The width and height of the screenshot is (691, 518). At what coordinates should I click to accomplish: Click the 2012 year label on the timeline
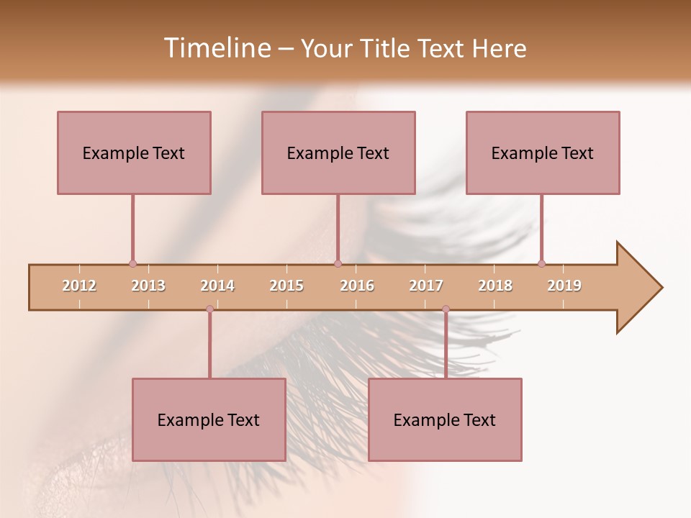(79, 286)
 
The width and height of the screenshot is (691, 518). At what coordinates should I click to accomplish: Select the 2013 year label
(148, 286)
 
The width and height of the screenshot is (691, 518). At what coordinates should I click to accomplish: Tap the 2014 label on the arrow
(217, 286)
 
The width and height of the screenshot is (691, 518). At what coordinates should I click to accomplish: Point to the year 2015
(286, 286)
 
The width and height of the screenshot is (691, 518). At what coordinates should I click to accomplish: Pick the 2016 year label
(357, 286)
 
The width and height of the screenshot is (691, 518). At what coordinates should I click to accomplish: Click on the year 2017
(426, 286)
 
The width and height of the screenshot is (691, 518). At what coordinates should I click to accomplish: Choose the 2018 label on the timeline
(495, 286)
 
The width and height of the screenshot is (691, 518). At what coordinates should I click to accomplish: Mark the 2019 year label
(564, 286)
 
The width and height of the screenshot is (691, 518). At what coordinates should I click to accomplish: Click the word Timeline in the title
(216, 48)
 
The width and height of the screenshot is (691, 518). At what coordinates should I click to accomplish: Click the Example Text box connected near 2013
(134, 153)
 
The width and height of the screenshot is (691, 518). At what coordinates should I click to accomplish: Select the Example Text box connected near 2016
(338, 153)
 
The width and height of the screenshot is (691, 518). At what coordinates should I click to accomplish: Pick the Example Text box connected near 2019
(543, 153)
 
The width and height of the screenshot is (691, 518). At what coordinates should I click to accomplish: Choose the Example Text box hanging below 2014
(209, 419)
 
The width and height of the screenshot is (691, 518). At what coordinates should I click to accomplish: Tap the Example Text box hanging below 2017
(445, 419)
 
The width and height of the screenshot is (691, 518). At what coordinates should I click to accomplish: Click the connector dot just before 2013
(132, 263)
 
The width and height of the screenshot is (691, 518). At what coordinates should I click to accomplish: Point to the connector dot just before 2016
(338, 263)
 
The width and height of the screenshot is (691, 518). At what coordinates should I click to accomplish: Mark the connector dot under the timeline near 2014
(209, 309)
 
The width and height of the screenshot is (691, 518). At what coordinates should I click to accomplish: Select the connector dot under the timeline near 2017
(446, 309)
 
